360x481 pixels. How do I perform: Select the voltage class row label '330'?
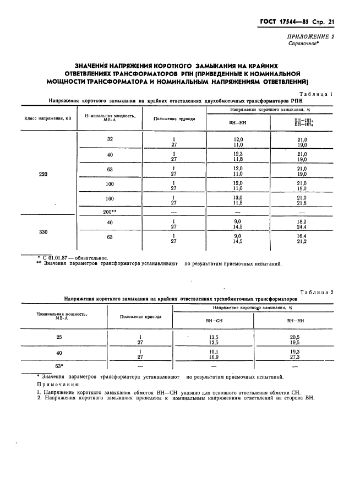(43, 232)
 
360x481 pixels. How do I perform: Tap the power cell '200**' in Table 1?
(110, 212)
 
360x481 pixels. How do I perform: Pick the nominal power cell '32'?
(110, 139)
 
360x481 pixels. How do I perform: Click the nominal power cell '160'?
(110, 198)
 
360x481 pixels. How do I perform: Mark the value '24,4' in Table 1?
(302, 226)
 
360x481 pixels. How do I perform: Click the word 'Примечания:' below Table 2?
(58, 384)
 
